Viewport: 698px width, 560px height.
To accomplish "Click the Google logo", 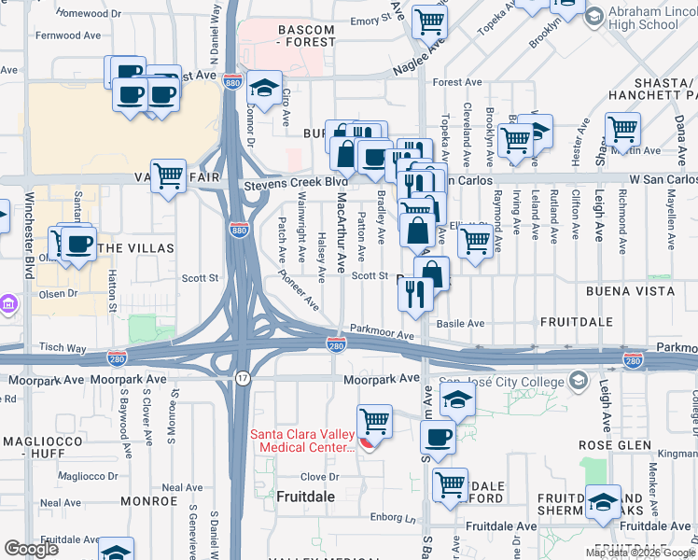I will tap(31, 549).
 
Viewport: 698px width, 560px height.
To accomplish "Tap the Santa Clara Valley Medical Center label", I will tap(301, 440).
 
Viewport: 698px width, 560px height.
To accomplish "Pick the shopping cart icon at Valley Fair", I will tap(168, 175).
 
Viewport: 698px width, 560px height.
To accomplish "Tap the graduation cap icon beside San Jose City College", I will tap(456, 400).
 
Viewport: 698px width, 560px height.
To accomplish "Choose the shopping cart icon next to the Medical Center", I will tap(374, 421).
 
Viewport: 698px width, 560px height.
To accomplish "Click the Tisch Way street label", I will tap(64, 348).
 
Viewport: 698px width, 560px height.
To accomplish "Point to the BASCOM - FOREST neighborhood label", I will tap(293, 36).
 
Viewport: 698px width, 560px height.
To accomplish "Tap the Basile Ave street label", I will tap(463, 324).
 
